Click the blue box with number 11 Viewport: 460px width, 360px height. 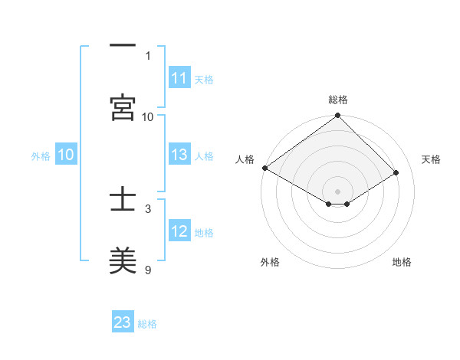point(179,79)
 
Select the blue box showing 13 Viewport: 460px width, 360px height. point(179,155)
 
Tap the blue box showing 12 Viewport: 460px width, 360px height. point(179,232)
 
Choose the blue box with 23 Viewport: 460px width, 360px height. point(123,322)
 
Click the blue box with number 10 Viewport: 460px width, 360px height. point(65,155)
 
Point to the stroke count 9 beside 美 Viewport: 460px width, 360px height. point(149,270)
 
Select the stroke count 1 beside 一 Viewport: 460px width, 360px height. point(149,55)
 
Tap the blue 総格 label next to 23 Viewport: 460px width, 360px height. point(147,324)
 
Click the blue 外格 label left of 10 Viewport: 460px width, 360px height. point(41,156)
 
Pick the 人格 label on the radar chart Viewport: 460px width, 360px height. point(245,159)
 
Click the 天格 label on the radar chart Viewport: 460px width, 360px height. point(431,159)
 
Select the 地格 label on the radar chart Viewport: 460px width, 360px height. point(402,262)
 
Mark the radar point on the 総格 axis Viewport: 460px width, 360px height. point(337,116)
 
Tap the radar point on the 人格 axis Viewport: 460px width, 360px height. point(264,168)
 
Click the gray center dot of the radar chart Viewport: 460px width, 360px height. point(337,191)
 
